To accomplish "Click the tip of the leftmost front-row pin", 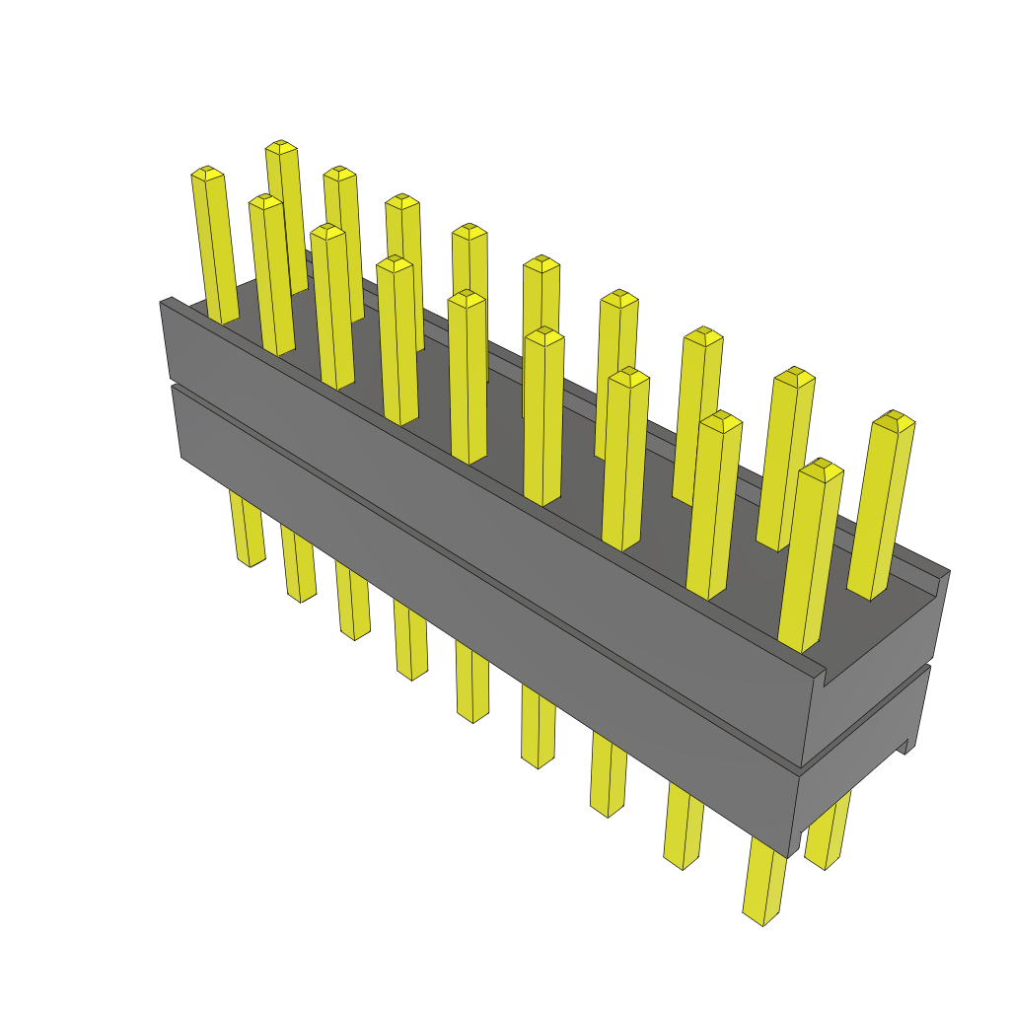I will tap(206, 173).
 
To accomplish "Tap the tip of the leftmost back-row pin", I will tap(281, 147).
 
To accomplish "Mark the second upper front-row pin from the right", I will tap(715, 503).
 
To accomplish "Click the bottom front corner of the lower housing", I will tap(789, 853).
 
